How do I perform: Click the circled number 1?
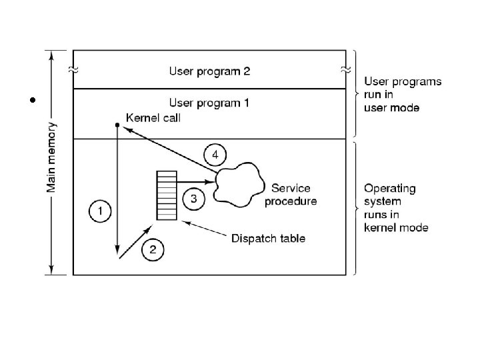100,212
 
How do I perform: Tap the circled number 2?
153,249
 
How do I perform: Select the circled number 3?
193,198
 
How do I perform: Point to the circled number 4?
215,155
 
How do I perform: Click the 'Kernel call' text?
153,117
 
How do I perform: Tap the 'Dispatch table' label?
269,238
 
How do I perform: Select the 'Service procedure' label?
291,195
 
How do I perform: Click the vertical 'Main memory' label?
51,157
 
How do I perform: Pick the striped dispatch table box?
166,195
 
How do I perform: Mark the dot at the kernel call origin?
117,125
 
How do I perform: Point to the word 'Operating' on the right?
389,189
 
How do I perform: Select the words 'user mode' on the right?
391,107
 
